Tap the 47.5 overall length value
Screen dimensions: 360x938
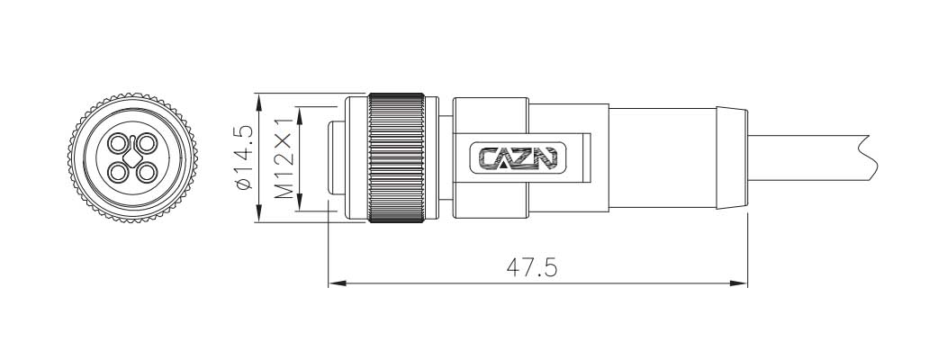click(x=530, y=267)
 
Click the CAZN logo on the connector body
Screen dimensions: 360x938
click(x=519, y=158)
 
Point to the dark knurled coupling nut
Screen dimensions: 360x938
click(x=397, y=158)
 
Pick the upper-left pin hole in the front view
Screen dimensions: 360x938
click(x=118, y=144)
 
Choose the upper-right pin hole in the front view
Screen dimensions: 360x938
click(x=146, y=144)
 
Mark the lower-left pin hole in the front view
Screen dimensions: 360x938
click(x=118, y=172)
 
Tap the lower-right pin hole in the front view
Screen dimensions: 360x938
click(x=146, y=172)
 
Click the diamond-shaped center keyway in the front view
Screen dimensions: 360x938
click(x=132, y=158)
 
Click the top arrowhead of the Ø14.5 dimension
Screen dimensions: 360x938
click(x=259, y=99)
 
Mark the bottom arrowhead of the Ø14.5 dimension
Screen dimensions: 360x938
click(x=259, y=217)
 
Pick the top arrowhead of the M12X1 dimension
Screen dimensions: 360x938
click(x=300, y=112)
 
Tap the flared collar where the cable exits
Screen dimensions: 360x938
click(x=731, y=158)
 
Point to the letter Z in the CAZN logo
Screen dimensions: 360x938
click(x=526, y=158)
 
